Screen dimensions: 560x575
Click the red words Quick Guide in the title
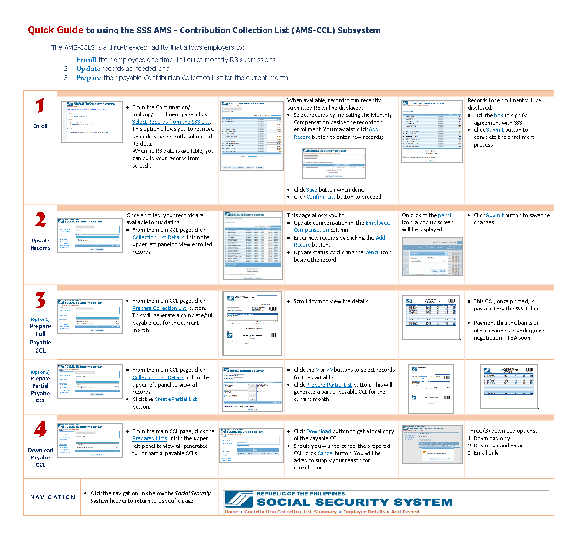(x=56, y=30)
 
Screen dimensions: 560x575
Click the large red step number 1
(x=40, y=106)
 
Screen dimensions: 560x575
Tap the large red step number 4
(x=40, y=429)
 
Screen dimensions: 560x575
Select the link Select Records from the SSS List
(x=171, y=122)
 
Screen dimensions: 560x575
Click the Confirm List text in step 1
(x=321, y=197)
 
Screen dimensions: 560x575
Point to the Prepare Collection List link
(x=159, y=308)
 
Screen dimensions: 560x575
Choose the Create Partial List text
(x=175, y=399)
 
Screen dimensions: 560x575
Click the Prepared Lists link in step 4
(x=149, y=438)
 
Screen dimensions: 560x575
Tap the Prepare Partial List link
(x=329, y=385)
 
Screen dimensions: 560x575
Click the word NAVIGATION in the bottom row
(x=53, y=497)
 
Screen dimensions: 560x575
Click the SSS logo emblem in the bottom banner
(x=239, y=499)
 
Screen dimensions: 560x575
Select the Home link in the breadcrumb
(x=232, y=512)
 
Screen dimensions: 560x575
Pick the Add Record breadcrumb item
(x=405, y=512)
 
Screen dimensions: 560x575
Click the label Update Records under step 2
(x=40, y=244)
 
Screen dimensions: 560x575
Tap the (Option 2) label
(x=40, y=372)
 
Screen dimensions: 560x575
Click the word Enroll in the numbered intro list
(x=86, y=60)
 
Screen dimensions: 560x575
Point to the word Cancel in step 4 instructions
(x=325, y=453)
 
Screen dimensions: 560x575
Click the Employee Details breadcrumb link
(x=364, y=512)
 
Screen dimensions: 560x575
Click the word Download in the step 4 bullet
(x=318, y=431)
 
